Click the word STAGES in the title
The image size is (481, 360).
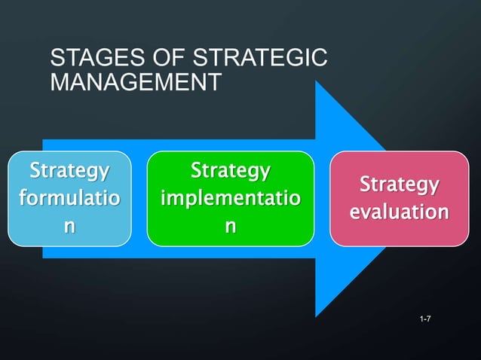[87, 58]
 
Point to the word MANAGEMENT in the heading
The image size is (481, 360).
[136, 81]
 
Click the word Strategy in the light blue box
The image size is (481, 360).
[68, 171]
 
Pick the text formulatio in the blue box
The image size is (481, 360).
[68, 199]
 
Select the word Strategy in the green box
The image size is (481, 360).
[230, 171]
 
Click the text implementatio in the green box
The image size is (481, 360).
[230, 199]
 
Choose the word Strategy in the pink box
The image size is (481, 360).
[399, 185]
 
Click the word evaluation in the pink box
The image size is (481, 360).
[399, 212]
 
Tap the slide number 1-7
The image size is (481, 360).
[425, 321]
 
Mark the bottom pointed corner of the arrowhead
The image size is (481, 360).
[317, 316]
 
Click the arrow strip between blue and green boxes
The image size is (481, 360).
[139, 199]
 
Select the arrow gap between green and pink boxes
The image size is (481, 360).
[323, 199]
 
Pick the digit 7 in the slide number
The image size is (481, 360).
[429, 321]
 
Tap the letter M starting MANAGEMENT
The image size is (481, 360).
[57, 81]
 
